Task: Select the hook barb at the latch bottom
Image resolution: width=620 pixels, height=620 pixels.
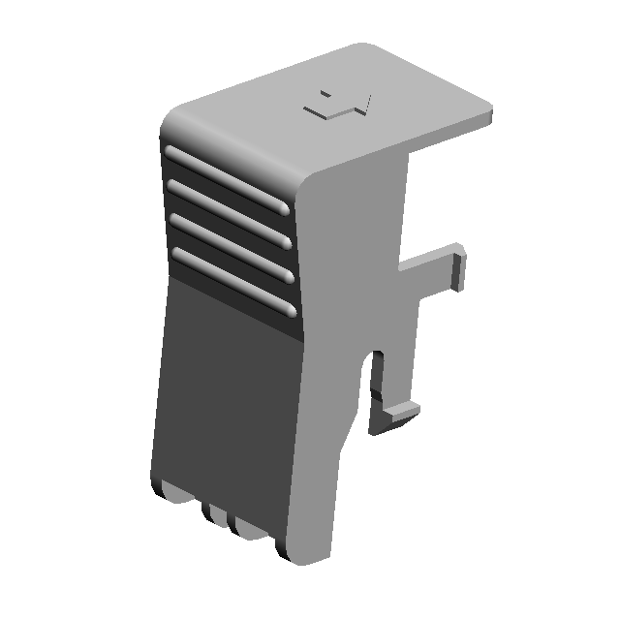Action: [x=395, y=418]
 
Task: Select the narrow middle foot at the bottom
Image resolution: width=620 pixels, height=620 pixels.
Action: [x=214, y=514]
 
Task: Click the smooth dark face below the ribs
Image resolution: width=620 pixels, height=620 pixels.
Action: [x=223, y=397]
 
